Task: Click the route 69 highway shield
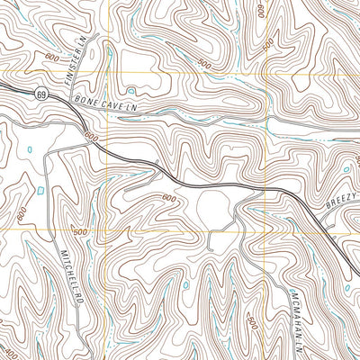[x=41, y=93]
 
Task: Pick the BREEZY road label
[x=341, y=205]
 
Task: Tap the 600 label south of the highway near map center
[x=168, y=197]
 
